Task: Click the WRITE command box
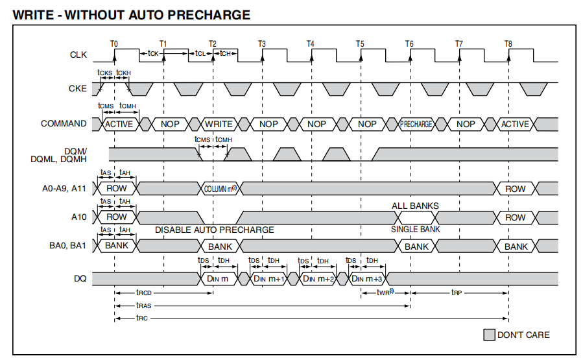pos(219,124)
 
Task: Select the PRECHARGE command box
pos(416,124)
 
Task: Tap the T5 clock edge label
pos(360,43)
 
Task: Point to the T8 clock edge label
pos(508,43)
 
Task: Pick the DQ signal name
pos(79,278)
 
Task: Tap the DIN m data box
pos(218,278)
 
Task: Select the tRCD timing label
pos(143,293)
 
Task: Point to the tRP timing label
pos(457,293)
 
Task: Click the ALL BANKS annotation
pos(415,206)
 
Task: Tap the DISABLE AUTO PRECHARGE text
pos(214,230)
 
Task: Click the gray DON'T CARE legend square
pos(489,335)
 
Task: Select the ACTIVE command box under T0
pos(119,124)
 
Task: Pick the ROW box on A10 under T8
pos(516,217)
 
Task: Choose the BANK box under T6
pos(416,246)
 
